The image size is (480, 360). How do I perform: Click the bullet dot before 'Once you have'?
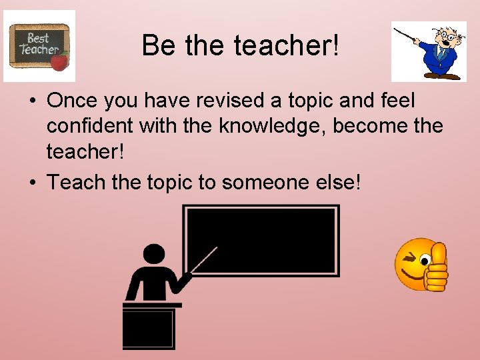(x=32, y=102)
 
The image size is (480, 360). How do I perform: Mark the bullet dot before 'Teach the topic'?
(x=32, y=182)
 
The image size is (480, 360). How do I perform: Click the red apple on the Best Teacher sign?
(x=60, y=63)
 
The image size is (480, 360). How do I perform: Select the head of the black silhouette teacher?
(x=154, y=255)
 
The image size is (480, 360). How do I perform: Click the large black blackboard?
(x=261, y=240)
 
